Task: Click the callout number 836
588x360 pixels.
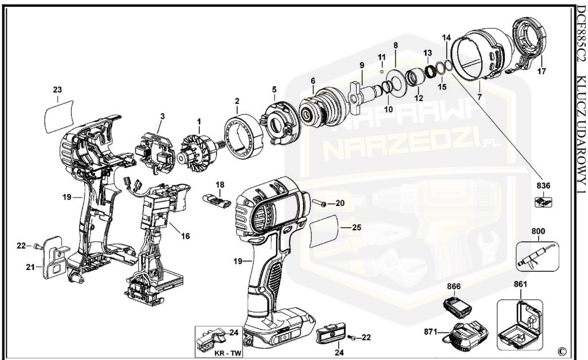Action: click(543, 185)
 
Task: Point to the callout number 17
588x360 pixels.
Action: click(541, 72)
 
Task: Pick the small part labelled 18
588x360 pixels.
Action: click(217, 198)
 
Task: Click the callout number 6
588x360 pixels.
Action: click(313, 81)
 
